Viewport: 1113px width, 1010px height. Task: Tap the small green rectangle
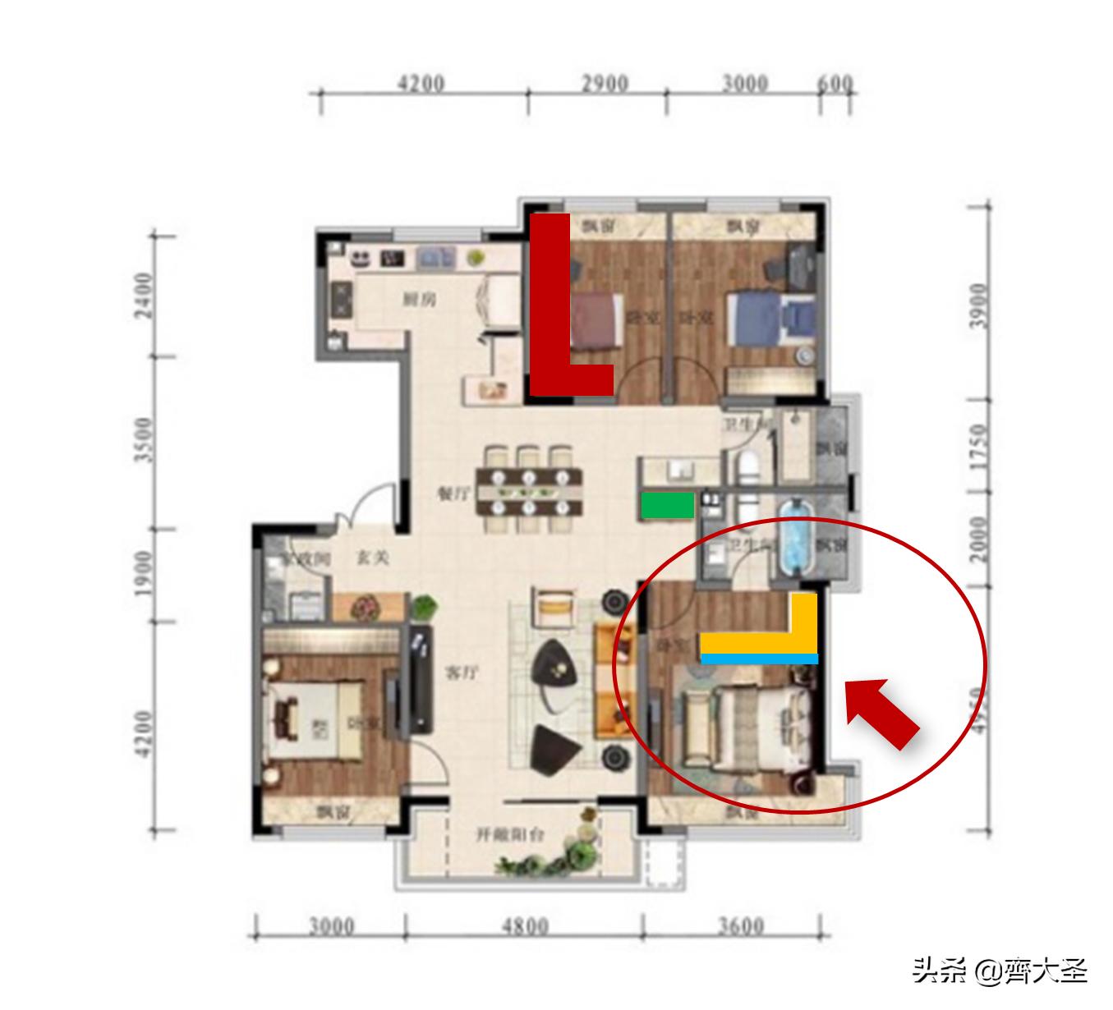pos(667,505)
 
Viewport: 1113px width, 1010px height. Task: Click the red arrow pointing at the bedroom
pos(881,710)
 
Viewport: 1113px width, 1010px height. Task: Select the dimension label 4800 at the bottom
pos(525,926)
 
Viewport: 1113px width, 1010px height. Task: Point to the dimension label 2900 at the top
pos(605,84)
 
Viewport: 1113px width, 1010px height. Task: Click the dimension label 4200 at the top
pos(421,84)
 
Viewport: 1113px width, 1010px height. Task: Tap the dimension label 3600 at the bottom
pos(740,926)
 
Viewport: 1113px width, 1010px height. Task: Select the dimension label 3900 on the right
pos(977,305)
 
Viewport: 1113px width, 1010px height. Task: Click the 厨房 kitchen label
pos(419,300)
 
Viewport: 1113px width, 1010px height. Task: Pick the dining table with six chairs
pos(529,491)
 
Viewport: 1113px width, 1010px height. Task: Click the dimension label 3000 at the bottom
pos(332,926)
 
